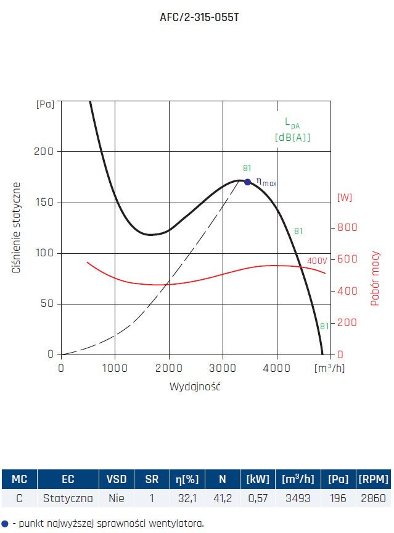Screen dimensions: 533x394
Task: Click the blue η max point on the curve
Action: tap(247, 182)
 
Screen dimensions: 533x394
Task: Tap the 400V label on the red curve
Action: tap(317, 261)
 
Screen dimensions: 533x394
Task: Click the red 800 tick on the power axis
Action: tap(347, 227)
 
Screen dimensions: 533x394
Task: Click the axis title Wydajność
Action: tap(195, 387)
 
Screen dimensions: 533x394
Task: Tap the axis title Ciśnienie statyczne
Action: tap(17, 228)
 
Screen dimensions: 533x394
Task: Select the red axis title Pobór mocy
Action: tap(375, 279)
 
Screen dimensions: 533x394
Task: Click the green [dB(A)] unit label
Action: tap(292, 138)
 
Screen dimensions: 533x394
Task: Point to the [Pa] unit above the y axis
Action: tap(45, 104)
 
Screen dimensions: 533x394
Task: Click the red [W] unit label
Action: tap(345, 198)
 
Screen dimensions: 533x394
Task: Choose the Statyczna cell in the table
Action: tap(68, 498)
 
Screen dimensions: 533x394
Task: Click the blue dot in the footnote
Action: tap(5, 523)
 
